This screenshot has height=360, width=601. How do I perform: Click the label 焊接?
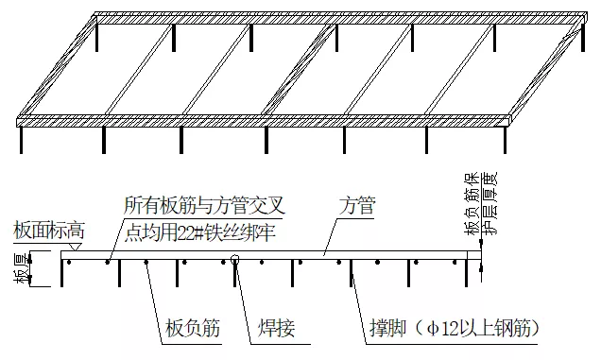[x=276, y=329]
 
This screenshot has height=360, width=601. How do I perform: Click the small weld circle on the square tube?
[x=235, y=257]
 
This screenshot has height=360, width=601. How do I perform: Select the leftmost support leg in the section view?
[x=62, y=272]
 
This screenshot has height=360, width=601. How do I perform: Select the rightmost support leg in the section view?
[x=470, y=272]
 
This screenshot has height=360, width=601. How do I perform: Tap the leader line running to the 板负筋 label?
[x=161, y=293]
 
